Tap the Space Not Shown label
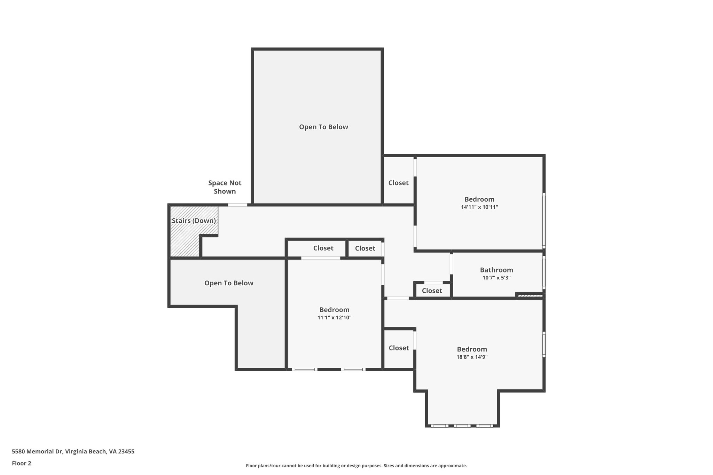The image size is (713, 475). [x=225, y=187]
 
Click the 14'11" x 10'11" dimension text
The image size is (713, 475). [x=479, y=207]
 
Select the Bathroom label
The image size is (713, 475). [x=496, y=270]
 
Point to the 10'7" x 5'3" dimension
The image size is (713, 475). [x=496, y=278]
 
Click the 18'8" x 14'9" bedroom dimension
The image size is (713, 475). [x=472, y=357]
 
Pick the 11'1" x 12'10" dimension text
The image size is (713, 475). [x=334, y=317]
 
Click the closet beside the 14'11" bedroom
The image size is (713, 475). [x=398, y=183]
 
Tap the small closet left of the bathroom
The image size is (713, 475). [x=432, y=291]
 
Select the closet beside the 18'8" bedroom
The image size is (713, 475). [x=399, y=348]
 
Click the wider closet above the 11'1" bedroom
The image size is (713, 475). [x=323, y=248]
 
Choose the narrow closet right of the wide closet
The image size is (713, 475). [x=365, y=248]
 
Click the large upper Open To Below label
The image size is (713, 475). [x=323, y=127]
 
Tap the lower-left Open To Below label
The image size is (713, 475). [x=229, y=283]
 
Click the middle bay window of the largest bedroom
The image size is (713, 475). [x=462, y=426]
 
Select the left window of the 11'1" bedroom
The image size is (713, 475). [x=304, y=369]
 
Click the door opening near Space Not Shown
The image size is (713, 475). [x=237, y=205]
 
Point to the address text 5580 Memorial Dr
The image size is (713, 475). [x=73, y=451]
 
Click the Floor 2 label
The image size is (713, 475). [x=21, y=463]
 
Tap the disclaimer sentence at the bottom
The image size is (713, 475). [x=356, y=466]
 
